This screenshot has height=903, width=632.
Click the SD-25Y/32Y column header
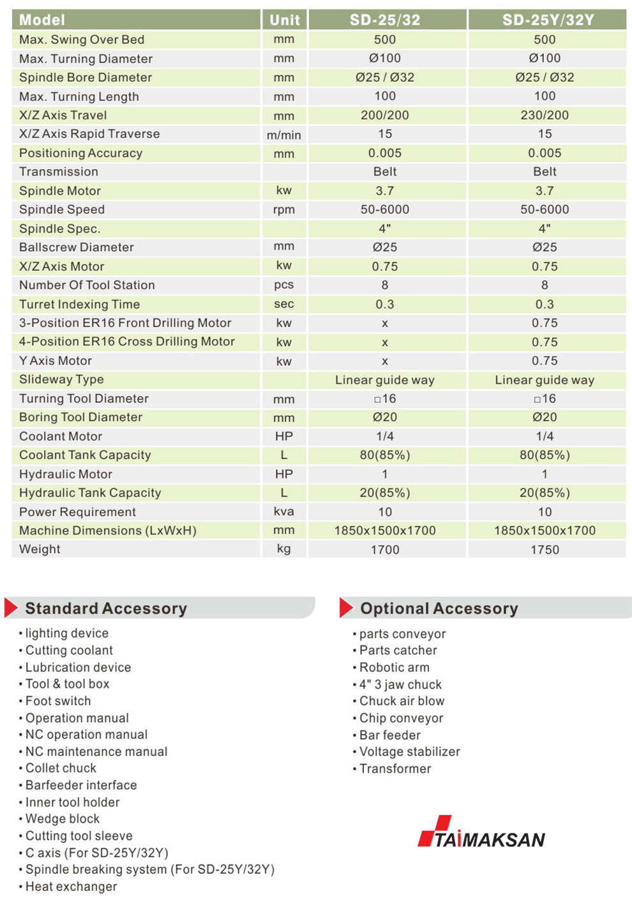548,20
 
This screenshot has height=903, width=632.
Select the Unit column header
284,20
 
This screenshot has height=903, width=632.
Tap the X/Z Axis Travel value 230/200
545,116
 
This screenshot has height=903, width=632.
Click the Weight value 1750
545,550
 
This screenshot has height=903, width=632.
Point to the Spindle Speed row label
62,209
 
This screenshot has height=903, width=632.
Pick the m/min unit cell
284,135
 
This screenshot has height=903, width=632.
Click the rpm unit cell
284,210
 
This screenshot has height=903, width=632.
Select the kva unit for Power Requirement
284,512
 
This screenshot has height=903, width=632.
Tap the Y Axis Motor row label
56,361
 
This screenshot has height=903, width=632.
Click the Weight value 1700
385,550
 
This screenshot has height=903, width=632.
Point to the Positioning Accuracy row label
80,153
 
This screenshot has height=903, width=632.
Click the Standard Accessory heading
106,609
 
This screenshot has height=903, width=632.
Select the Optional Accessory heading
439,609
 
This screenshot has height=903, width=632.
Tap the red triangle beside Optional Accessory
346,608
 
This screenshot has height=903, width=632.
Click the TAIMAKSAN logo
481,833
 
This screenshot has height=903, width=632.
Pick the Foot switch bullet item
58,701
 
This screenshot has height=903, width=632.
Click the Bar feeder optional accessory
389,735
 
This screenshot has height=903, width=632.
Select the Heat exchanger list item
71,886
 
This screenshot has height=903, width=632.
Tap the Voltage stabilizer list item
409,752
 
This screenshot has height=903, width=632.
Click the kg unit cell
284,549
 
